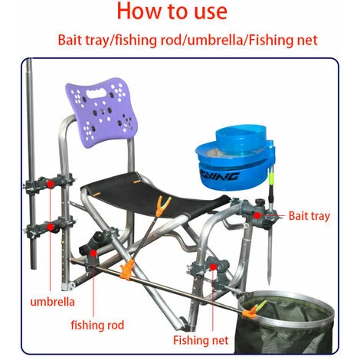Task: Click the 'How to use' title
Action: [x=172, y=11]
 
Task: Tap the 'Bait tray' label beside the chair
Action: [x=309, y=216]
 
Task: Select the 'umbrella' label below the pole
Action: [x=53, y=302]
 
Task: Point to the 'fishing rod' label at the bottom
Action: [x=97, y=326]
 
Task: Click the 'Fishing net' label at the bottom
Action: [x=201, y=340]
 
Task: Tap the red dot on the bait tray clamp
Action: [x=257, y=215]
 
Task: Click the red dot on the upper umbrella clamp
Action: [x=51, y=184]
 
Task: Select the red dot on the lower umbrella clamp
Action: [x=51, y=227]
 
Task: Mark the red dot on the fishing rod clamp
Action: [x=93, y=253]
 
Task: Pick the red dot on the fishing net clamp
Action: [x=213, y=267]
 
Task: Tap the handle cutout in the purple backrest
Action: [x=96, y=93]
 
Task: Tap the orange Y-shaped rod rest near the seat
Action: [x=163, y=205]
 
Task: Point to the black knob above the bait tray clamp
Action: [x=260, y=203]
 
